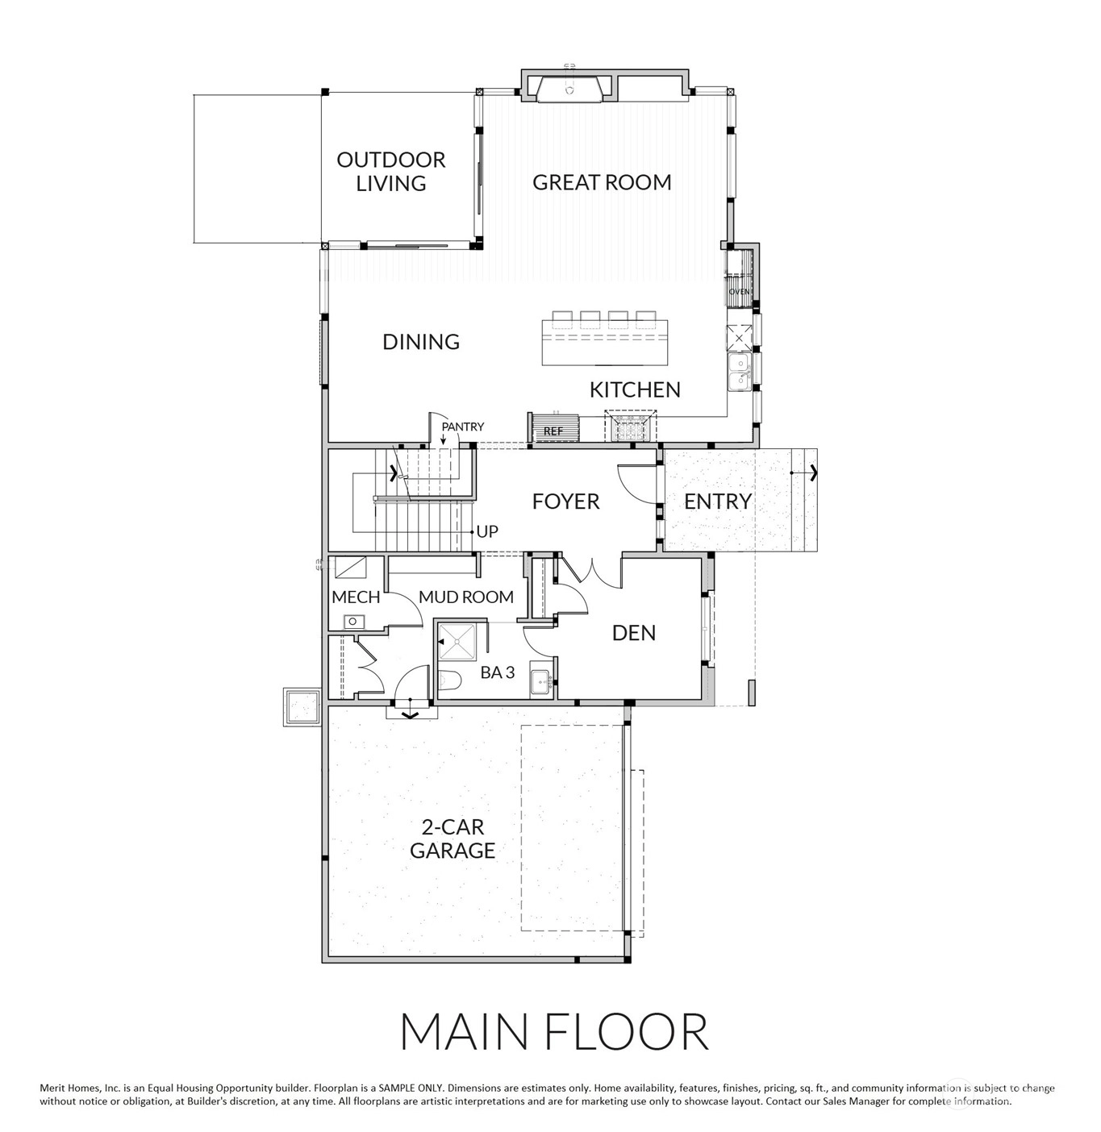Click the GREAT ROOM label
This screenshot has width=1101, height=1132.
tap(601, 182)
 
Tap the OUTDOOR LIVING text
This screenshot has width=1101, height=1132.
tap(391, 171)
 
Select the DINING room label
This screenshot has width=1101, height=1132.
tap(421, 342)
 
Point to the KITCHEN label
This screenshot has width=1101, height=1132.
tap(635, 389)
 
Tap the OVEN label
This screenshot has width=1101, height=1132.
tap(739, 291)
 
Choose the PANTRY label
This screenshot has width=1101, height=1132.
tap(463, 427)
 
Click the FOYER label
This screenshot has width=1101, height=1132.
tap(565, 501)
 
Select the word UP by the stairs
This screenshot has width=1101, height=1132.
tap(487, 531)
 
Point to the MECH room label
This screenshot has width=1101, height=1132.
tap(356, 597)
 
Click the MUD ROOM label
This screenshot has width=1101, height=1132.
tap(466, 597)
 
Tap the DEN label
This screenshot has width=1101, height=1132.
tap(634, 633)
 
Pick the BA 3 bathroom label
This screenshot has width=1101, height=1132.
tap(498, 672)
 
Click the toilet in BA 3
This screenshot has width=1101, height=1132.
tap(449, 680)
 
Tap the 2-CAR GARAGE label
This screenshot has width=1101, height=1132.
tap(452, 839)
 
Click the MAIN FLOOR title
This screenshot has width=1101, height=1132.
tap(554, 1031)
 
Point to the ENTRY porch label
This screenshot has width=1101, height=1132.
tap(718, 501)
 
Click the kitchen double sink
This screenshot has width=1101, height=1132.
tap(739, 372)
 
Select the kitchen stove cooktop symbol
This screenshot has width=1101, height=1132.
tap(630, 427)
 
